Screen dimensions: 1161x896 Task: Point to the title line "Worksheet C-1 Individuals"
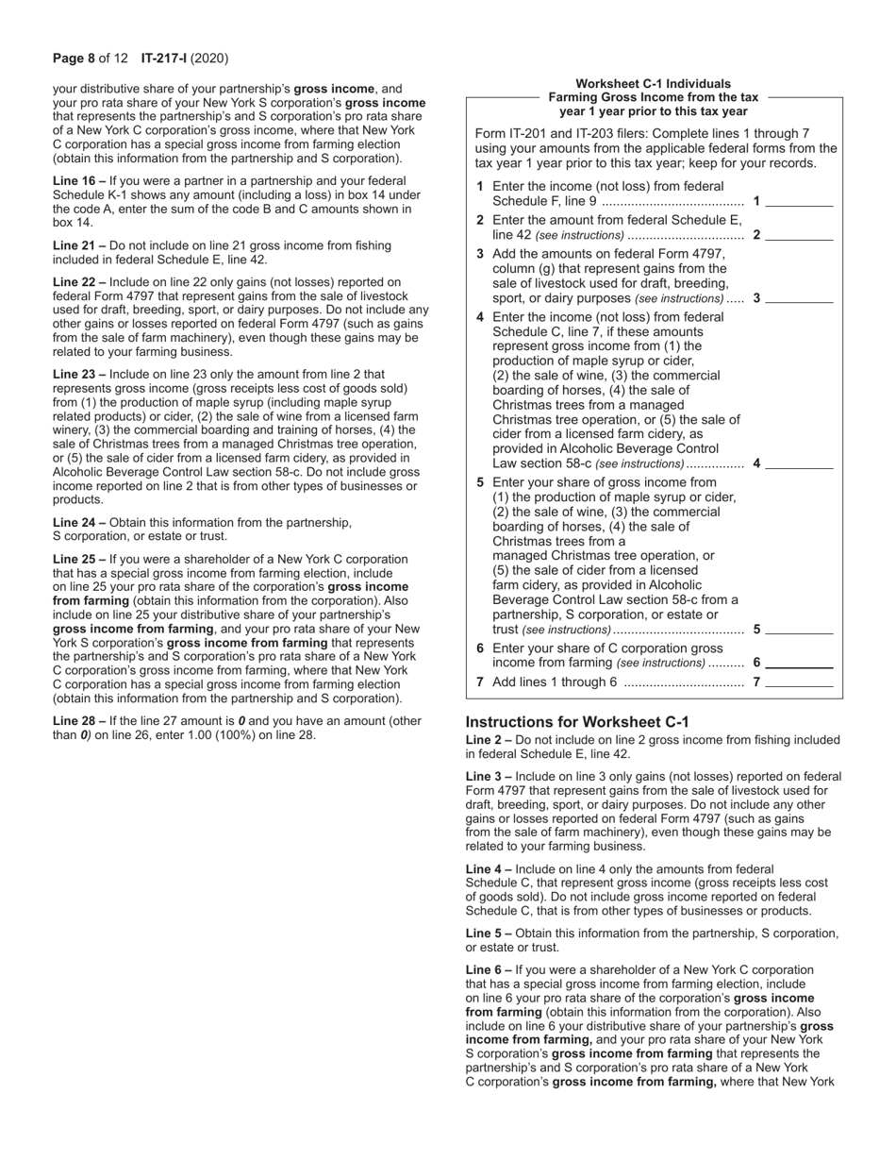pos(653,84)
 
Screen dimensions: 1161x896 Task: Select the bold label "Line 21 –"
pos(79,245)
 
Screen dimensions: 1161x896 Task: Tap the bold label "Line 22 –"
pos(79,282)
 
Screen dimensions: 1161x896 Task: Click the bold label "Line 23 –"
pos(79,375)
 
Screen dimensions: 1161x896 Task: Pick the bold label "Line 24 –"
pos(79,523)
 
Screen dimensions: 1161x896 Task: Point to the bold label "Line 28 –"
pos(79,721)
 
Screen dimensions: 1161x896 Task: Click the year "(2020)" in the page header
pos(210,59)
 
